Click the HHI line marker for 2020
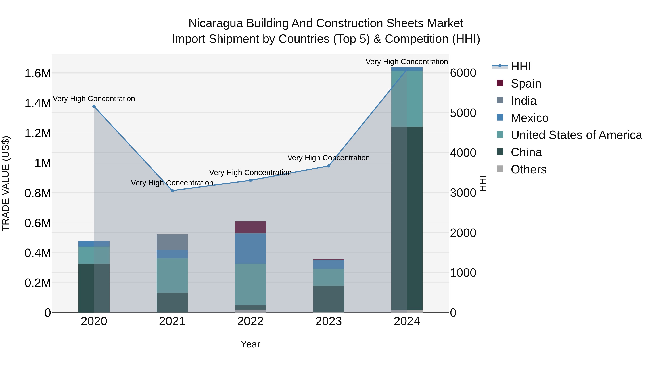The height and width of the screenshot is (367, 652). point(94,106)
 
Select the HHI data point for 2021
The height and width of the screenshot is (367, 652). point(172,191)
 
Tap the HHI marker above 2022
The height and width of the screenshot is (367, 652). point(250,180)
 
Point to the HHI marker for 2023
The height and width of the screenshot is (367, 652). point(329,166)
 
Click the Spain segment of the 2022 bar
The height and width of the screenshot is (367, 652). point(250,227)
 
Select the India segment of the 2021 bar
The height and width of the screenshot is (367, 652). point(172,242)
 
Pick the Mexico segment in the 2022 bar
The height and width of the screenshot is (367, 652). point(250,248)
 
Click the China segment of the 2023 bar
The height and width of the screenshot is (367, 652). point(329,299)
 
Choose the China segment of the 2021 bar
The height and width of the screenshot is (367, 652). point(172,302)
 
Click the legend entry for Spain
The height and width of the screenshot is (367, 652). point(526,84)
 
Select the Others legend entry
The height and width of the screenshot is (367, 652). point(528,169)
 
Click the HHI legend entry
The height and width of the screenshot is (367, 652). point(521,66)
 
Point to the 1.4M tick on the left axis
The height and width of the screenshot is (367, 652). point(38,103)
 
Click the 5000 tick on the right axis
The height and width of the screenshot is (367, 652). point(463,113)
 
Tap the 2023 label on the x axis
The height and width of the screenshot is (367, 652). point(329,321)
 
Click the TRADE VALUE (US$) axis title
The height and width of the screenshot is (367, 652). point(6,183)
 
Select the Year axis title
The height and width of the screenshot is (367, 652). point(250,344)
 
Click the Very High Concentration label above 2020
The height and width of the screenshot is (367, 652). point(94,99)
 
